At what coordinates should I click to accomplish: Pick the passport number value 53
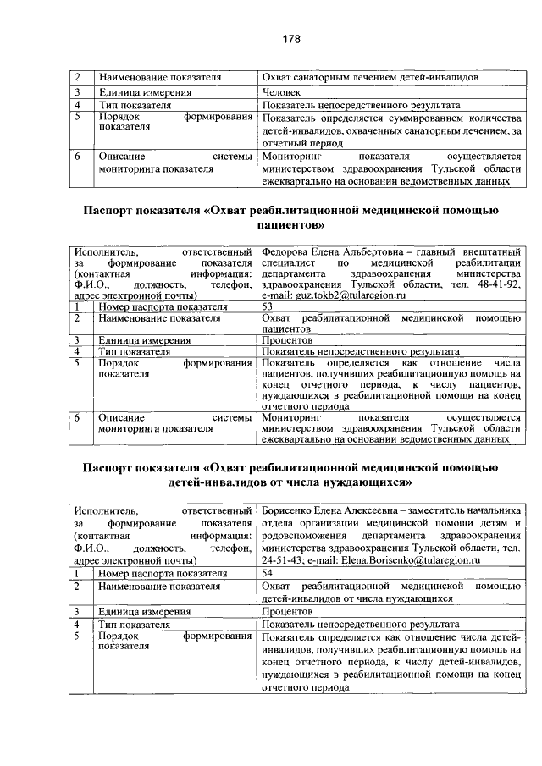268,307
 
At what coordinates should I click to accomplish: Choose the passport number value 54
268,572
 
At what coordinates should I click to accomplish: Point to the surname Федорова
290,252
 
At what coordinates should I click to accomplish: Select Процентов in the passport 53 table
288,339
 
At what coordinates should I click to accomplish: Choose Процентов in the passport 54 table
288,610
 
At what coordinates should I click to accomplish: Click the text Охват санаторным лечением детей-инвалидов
370,78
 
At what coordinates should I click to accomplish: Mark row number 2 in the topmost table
77,78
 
